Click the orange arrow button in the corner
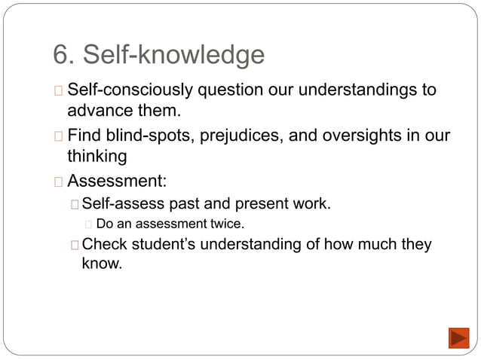(458, 337)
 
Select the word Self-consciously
(130, 91)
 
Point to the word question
(229, 91)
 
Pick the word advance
(100, 112)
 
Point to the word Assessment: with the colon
(117, 182)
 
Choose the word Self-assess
(123, 203)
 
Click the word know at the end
(100, 265)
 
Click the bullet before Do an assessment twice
(89, 224)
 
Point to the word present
(269, 203)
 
